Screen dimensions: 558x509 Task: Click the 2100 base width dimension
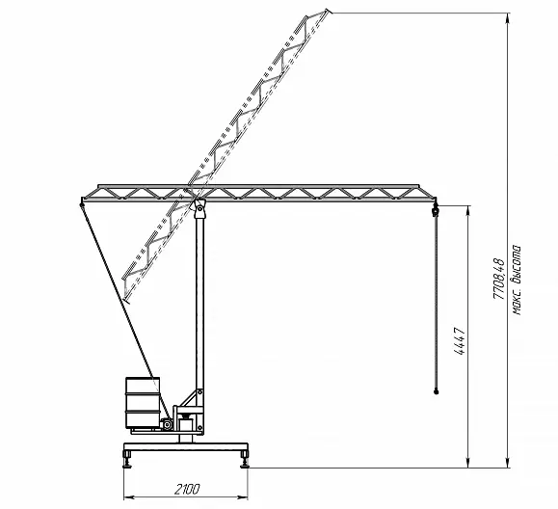pos(187,490)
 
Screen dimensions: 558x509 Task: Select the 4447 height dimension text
pos(460,341)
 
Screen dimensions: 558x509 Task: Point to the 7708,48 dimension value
pos(499,279)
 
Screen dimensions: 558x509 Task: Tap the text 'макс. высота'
pos(517,280)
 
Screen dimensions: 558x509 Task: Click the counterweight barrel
pos(143,402)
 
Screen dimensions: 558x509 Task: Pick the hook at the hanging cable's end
pos(436,392)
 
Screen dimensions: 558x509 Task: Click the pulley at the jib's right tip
pos(435,212)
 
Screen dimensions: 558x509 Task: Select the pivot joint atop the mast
pos(199,208)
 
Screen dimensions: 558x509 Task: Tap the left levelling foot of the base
pos(127,459)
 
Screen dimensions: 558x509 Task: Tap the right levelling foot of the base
pos(244,459)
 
